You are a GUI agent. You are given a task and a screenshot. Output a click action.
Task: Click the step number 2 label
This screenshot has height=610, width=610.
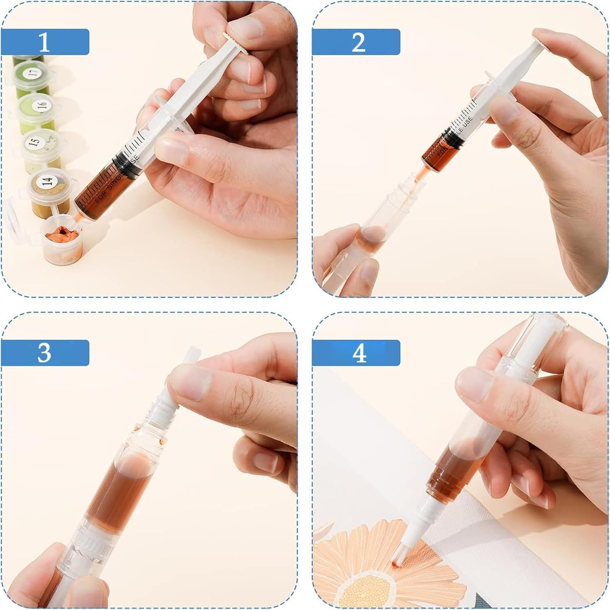pos(358,42)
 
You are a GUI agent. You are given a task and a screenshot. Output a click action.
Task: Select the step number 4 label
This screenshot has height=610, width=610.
pos(359,353)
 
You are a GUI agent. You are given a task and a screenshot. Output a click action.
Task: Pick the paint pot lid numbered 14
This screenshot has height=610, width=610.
pos(47,181)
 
